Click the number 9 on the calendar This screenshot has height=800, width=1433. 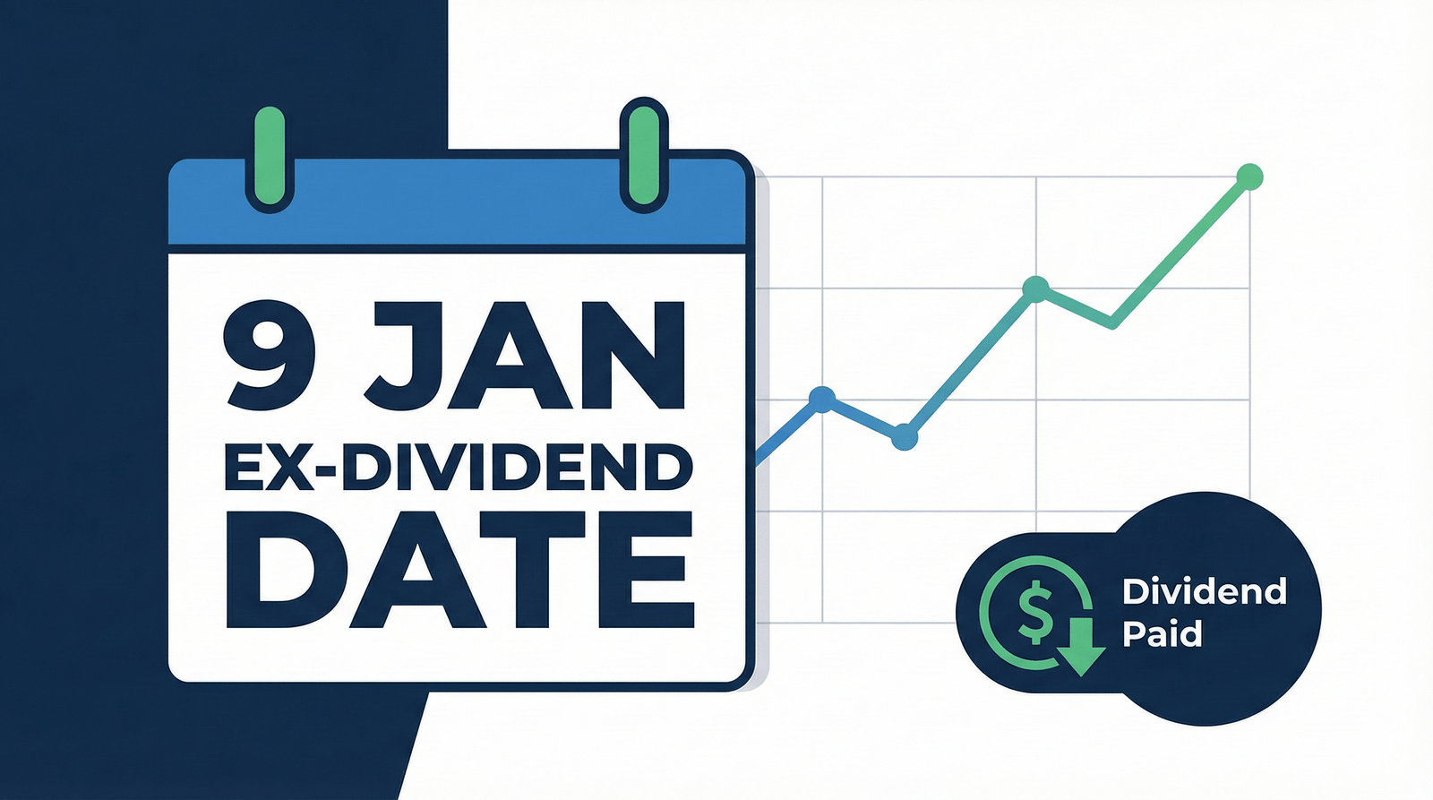270,356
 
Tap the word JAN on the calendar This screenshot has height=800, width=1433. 527,356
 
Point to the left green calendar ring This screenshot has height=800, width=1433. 270,158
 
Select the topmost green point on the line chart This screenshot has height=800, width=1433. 1249,177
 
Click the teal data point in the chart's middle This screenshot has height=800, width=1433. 1036,288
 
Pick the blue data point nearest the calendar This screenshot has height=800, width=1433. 821,399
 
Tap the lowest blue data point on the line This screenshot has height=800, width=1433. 905,438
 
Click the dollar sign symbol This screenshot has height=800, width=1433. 1036,611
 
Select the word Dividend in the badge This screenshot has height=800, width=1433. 1204,591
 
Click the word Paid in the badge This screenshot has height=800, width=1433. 1162,634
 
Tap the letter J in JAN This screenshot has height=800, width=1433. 403,356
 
